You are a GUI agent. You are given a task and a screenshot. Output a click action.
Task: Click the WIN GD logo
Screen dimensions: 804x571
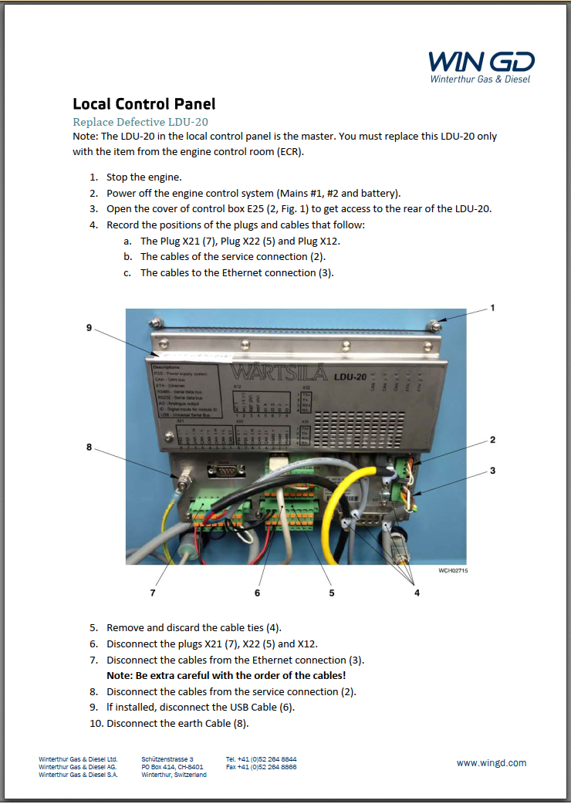point(481,66)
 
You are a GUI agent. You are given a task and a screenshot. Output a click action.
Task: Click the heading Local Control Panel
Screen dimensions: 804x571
point(144,103)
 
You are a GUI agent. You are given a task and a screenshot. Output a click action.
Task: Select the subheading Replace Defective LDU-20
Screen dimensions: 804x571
point(140,122)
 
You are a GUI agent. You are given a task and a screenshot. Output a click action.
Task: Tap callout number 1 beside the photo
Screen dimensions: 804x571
point(492,308)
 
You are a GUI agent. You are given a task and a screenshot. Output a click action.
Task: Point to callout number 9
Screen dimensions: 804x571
point(90,328)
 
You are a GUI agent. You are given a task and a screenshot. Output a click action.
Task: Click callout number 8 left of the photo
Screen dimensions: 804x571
point(90,446)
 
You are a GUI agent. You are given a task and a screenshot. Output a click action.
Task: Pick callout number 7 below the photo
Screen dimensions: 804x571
point(153,593)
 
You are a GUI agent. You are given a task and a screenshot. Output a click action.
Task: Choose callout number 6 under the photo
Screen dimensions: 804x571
point(257,593)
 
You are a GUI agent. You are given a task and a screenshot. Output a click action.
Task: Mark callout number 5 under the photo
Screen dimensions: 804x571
point(332,593)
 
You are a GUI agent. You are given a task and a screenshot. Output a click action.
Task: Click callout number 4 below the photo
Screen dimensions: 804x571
point(417,593)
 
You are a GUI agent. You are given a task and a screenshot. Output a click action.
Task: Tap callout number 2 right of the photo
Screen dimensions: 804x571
point(492,440)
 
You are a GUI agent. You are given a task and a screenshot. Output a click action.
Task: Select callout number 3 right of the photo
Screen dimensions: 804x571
point(492,470)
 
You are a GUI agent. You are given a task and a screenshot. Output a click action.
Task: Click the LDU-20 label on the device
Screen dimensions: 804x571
point(350,377)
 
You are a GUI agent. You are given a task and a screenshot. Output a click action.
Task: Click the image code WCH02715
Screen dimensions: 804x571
point(453,571)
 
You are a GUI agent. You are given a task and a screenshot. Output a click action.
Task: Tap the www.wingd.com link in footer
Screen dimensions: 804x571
point(492,762)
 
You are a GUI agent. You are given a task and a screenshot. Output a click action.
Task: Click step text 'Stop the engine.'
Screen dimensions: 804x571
point(144,177)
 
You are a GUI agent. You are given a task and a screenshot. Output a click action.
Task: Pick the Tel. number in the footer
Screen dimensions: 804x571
point(261,758)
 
